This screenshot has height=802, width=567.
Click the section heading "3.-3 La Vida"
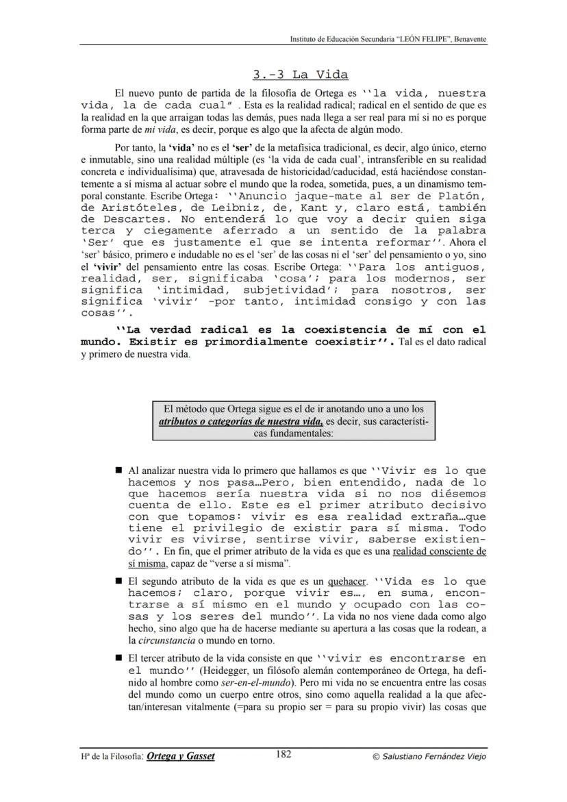[300, 75]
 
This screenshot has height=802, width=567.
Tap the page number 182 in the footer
[284, 755]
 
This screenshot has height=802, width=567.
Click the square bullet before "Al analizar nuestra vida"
[118, 472]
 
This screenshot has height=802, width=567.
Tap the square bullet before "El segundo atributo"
[118, 582]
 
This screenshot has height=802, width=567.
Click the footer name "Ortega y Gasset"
[181, 756]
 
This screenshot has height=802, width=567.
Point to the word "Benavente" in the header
[469, 39]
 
